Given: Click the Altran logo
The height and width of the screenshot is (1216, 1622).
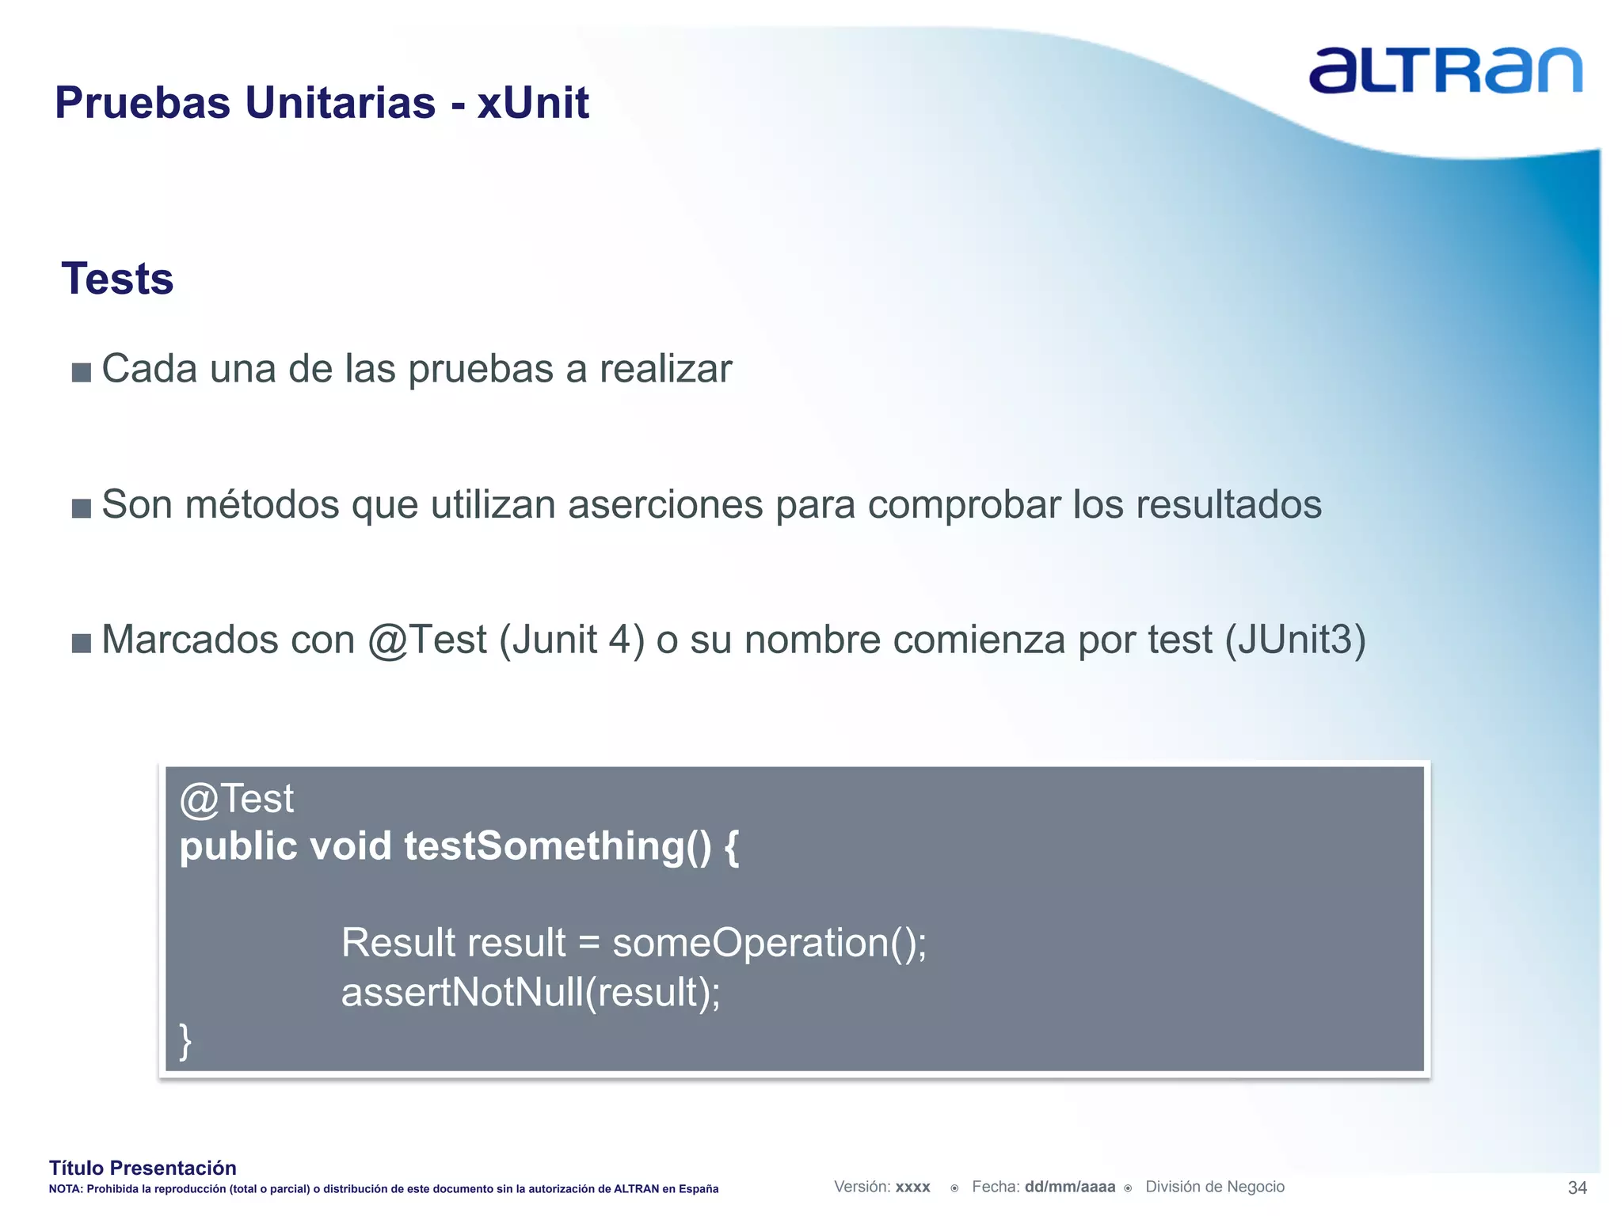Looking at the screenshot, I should pos(1445,71).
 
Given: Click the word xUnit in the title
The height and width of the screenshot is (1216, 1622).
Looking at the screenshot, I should pos(533,103).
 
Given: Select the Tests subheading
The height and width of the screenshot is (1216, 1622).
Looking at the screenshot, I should pos(117,279).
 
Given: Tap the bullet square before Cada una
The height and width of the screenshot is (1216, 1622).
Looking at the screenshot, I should pos(81,372).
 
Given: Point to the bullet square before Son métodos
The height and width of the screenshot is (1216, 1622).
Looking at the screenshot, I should pos(81,507).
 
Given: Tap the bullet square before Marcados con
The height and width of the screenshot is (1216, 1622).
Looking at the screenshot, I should pos(81,643).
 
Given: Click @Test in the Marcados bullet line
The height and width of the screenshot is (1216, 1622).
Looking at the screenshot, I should pos(427,640).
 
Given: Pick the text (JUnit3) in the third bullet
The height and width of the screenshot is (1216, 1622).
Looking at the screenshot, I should pos(1296,640).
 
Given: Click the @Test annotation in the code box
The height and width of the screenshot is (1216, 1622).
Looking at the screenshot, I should pos(236,799).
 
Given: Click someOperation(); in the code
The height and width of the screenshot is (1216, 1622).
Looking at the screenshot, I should pos(769,943).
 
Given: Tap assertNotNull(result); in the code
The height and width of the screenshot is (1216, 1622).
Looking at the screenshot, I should pos(531,992).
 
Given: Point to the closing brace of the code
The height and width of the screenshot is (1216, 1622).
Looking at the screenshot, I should pos(185,1040).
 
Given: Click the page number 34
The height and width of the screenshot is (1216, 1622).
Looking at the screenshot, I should pos(1577,1187).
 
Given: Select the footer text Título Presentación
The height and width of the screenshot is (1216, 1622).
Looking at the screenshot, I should pos(143,1168).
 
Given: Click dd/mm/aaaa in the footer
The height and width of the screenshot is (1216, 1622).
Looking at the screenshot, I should pos(1069,1187).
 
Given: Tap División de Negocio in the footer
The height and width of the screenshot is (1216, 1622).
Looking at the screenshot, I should pos(1215,1187).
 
